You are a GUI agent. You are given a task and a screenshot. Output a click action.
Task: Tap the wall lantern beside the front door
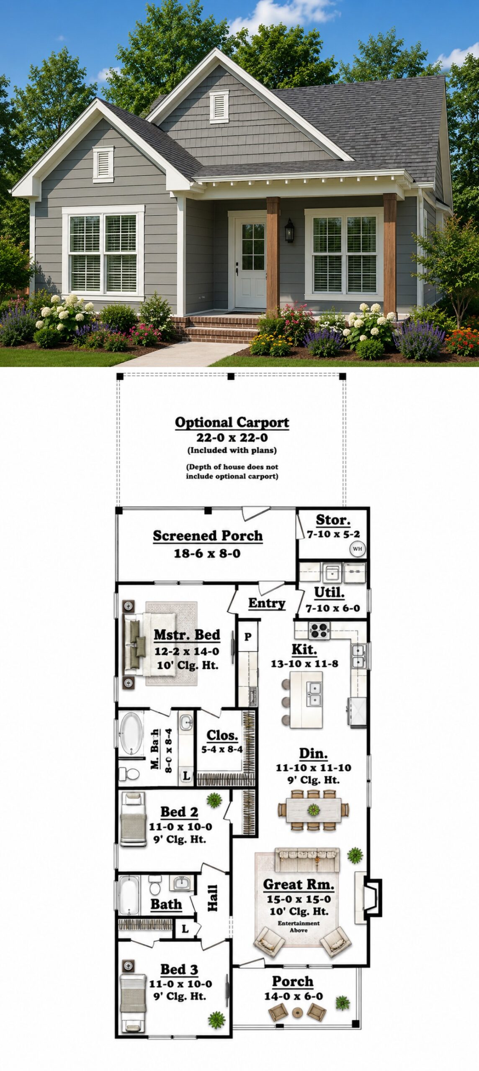[x=289, y=231]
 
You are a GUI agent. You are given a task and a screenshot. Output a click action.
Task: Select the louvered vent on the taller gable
[x=219, y=106]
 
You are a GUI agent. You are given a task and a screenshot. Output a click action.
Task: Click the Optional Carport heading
[x=232, y=423]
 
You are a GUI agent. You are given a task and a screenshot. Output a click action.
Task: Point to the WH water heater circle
[x=358, y=549]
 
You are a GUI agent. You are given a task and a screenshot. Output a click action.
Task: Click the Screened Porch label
[x=208, y=536]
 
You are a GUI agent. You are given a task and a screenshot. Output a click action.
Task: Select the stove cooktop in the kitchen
[x=319, y=630]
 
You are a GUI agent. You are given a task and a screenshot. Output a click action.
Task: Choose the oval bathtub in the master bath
[x=131, y=734]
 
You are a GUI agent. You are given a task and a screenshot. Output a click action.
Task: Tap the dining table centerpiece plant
[x=314, y=810]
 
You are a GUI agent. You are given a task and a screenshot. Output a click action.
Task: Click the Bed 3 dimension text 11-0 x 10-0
[x=180, y=984]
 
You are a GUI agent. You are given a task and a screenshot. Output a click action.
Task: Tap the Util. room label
[x=329, y=593]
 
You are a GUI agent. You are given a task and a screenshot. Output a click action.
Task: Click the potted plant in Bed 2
[x=214, y=800]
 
